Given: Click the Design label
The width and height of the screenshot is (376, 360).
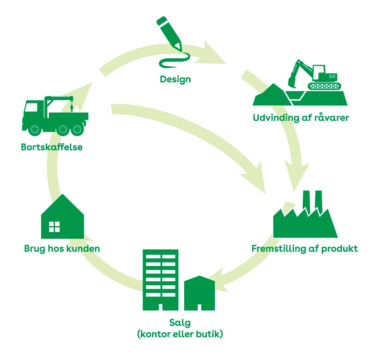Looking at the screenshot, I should click(175, 79).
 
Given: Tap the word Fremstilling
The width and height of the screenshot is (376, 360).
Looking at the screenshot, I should click(279, 249).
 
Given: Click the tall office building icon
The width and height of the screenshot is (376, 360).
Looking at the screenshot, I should click(160, 280).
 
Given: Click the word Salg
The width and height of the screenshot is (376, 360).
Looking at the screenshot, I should click(180, 323).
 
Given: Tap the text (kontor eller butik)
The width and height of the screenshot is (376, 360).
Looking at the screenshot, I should click(180, 334).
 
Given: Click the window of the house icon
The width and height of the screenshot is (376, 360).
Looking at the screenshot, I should click(54, 227).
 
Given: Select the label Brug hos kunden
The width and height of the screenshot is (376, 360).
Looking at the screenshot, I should click(62, 249).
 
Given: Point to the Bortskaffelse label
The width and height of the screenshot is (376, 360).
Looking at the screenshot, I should click(52, 147).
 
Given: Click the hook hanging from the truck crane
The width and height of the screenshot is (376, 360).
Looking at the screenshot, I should click(71, 109).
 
